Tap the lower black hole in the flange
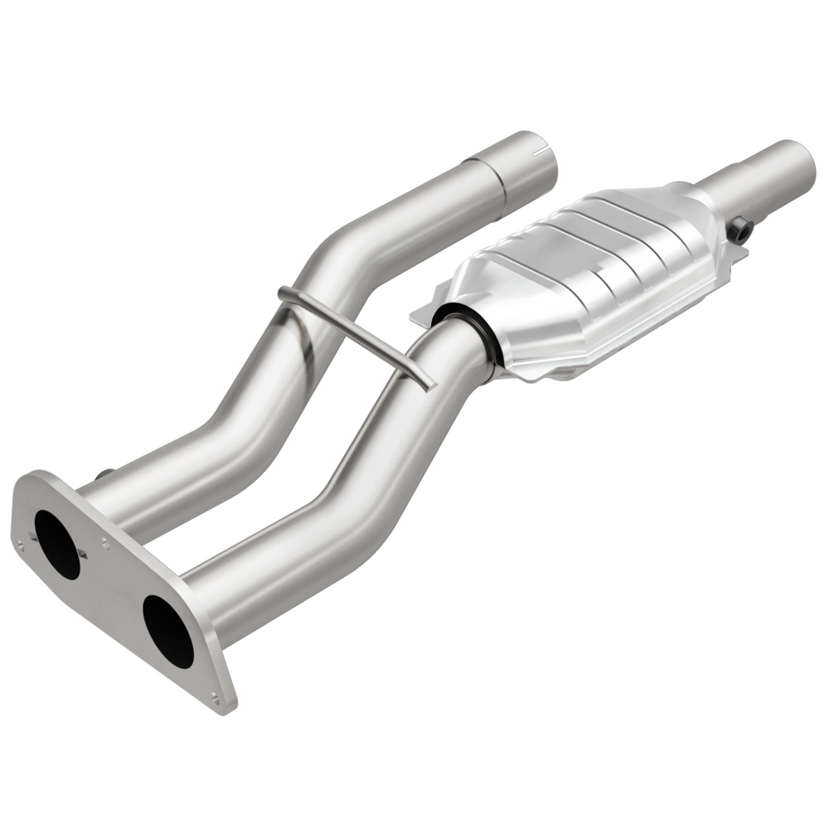point(167,631)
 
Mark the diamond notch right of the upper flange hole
point(85,550)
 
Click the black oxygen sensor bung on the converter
point(742,230)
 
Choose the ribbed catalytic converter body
point(580,274)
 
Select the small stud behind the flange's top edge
point(104,474)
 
